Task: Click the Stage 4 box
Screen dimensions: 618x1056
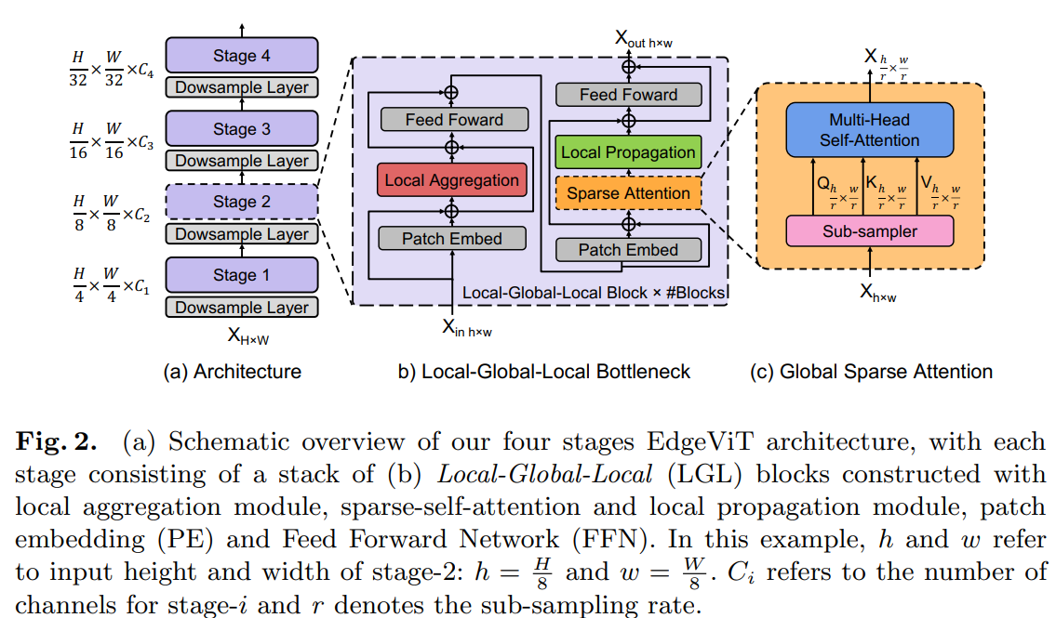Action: (x=242, y=56)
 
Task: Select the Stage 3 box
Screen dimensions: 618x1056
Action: (x=242, y=129)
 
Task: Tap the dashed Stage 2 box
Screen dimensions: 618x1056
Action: (x=242, y=202)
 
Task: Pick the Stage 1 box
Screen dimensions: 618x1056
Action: (x=242, y=275)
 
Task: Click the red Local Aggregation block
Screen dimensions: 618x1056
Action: (x=452, y=180)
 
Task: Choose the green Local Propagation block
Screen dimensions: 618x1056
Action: (x=628, y=152)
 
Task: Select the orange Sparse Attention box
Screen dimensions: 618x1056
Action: (x=628, y=193)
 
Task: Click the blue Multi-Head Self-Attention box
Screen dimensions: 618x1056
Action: (x=869, y=130)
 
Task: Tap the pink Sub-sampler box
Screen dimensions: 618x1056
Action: (x=869, y=230)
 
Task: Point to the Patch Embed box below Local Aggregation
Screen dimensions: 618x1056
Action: (x=452, y=239)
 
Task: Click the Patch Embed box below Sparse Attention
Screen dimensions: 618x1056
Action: (x=628, y=250)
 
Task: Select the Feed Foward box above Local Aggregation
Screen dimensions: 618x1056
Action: (x=454, y=120)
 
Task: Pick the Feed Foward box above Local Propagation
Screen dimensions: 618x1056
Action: (x=628, y=95)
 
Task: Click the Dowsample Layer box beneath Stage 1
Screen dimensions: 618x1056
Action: (x=242, y=308)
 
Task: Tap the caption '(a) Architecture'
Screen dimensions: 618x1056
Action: (x=233, y=372)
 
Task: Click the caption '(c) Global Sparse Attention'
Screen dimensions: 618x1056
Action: (x=871, y=372)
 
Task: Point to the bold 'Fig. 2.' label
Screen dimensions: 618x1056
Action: (x=55, y=443)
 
